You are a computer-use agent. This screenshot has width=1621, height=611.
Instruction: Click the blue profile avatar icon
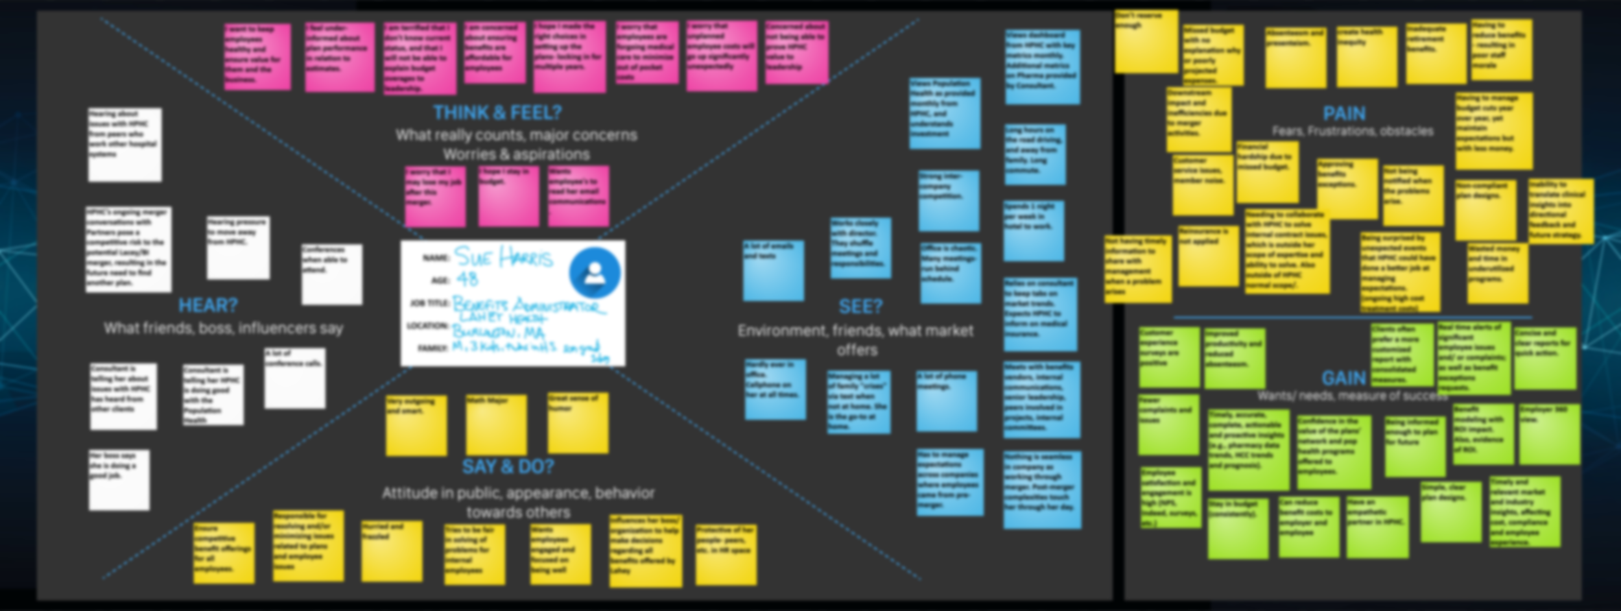pyautogui.click(x=594, y=272)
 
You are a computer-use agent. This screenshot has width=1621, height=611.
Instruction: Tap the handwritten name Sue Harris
pyautogui.click(x=503, y=258)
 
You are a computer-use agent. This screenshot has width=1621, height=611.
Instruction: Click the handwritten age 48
pyautogui.click(x=467, y=280)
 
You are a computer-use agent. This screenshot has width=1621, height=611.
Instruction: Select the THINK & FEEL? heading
pyautogui.click(x=497, y=113)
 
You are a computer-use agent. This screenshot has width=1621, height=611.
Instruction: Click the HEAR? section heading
pyautogui.click(x=207, y=305)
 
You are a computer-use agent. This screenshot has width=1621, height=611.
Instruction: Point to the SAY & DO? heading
pyautogui.click(x=508, y=466)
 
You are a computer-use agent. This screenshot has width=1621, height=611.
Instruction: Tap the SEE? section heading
pyautogui.click(x=860, y=306)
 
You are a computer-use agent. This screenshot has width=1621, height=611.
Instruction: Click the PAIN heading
pyautogui.click(x=1343, y=114)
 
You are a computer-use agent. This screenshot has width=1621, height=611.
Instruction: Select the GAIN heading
pyautogui.click(x=1343, y=377)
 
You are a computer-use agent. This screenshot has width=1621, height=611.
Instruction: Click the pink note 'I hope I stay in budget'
pyautogui.click(x=508, y=195)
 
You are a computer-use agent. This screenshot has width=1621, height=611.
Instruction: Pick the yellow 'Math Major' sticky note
pyautogui.click(x=496, y=424)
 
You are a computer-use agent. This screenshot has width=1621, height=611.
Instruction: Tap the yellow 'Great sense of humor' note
pyautogui.click(x=578, y=422)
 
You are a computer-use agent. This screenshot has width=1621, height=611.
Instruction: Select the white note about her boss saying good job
pyautogui.click(x=119, y=479)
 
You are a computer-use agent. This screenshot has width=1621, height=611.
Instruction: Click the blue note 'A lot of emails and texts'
pyautogui.click(x=774, y=270)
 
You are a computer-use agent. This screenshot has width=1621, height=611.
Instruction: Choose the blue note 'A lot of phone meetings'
pyautogui.click(x=946, y=401)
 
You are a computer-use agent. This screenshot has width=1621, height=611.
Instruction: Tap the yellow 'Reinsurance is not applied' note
pyautogui.click(x=1208, y=256)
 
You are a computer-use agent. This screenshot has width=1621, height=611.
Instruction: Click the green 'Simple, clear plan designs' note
pyautogui.click(x=1450, y=511)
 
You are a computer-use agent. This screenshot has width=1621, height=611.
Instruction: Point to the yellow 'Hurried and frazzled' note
pyautogui.click(x=392, y=551)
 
